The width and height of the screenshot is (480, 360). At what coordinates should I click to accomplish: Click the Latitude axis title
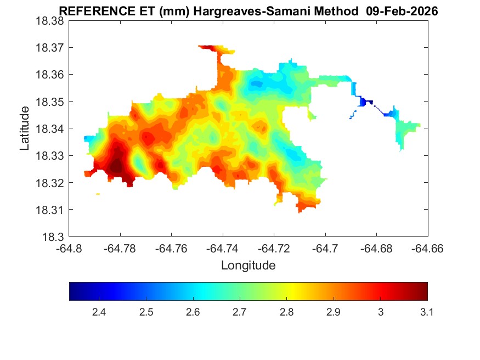25,128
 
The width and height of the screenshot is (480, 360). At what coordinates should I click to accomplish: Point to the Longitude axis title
248,266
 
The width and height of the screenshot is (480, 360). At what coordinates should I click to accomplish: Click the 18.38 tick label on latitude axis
49,21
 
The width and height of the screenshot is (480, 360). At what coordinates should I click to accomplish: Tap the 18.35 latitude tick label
49,102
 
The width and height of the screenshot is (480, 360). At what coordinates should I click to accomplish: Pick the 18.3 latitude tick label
53,237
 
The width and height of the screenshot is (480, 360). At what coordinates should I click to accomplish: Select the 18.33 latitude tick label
49,156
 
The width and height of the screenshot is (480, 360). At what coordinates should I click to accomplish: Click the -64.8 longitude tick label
69,249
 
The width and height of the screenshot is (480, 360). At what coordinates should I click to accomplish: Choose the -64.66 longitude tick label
427,249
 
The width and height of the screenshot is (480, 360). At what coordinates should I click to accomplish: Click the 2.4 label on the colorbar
99,312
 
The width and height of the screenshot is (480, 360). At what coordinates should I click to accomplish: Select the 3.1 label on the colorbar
427,312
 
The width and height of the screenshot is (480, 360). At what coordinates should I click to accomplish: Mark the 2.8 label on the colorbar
286,312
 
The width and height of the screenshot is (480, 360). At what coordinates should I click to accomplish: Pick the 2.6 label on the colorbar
193,312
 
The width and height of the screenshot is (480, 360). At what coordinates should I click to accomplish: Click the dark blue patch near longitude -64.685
364,102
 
